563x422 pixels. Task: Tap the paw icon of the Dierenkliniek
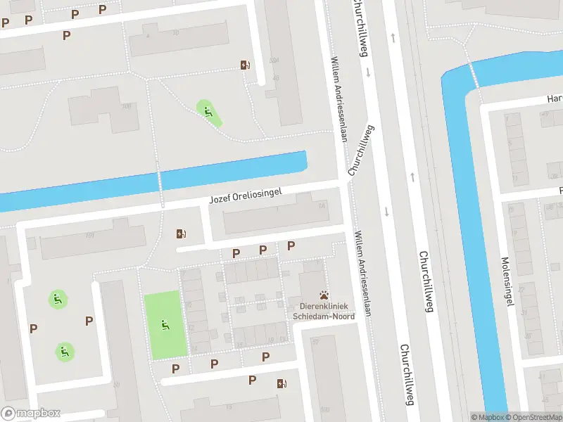coord(324,296)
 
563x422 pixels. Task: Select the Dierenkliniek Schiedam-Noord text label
coord(324,312)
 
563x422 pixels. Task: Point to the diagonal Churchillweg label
coord(360,151)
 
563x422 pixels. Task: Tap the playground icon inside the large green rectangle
coord(165,325)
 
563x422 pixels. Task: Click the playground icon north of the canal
coord(207,110)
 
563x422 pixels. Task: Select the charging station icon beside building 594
coord(244,65)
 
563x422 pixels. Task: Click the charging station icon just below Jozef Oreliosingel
coord(182,234)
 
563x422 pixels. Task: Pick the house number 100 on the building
coord(127,106)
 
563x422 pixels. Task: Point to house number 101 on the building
coord(89,235)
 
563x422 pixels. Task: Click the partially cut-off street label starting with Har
coord(554,99)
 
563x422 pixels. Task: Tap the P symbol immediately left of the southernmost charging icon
coord(252,381)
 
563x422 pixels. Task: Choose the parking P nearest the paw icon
coord(291,245)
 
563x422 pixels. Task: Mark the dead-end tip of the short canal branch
coord(304,162)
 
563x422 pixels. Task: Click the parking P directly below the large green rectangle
coord(175,369)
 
